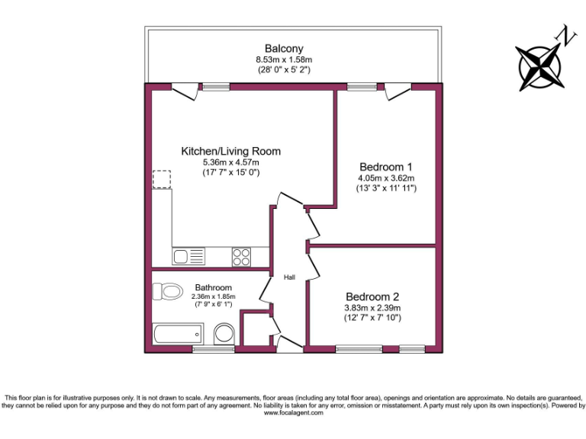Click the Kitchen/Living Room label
pos(230,151)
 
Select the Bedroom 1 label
pos(386,167)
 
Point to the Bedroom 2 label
pos(372,296)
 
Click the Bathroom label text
pos(213,287)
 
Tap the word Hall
pos(289,277)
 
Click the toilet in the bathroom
pos(167,291)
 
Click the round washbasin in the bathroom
pos(224,334)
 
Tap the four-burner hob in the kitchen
pos(242,257)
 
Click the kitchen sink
pos(188,257)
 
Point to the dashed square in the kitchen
pos(163,179)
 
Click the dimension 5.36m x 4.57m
pos(230,162)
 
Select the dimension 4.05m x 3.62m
pos(386,178)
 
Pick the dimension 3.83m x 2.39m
pos(372,307)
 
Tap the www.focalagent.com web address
pos(294,413)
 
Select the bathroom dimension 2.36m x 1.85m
pos(213,296)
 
